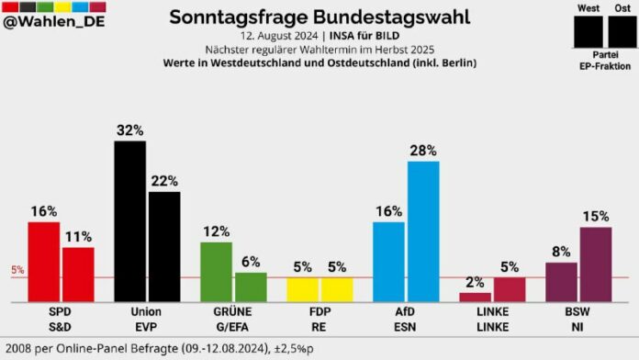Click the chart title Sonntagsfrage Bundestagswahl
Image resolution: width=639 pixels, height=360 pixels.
[319, 17]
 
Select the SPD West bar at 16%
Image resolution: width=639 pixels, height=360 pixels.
[43, 262]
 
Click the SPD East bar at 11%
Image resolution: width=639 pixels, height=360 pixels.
[78, 274]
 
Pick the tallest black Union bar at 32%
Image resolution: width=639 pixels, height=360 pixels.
[129, 221]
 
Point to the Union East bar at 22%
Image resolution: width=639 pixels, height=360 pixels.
[164, 246]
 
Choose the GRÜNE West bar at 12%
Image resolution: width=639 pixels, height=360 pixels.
[216, 272]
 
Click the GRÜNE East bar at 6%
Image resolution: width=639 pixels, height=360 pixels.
[251, 287]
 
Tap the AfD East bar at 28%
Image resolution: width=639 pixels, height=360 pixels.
[423, 231]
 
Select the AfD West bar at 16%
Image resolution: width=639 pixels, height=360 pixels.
[388, 262]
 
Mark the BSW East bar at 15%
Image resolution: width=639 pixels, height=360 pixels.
[596, 264]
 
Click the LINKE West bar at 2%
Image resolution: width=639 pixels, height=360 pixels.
[475, 297]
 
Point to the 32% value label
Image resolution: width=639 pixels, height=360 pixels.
[129, 130]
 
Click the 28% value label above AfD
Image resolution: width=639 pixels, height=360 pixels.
[423, 150]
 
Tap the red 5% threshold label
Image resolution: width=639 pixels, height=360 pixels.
[17, 270]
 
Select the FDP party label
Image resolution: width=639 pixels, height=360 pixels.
[319, 311]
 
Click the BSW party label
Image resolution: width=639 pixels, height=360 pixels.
[579, 311]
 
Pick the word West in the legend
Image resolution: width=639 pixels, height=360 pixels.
[588, 8]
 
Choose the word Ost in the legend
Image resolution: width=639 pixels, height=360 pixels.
[622, 8]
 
